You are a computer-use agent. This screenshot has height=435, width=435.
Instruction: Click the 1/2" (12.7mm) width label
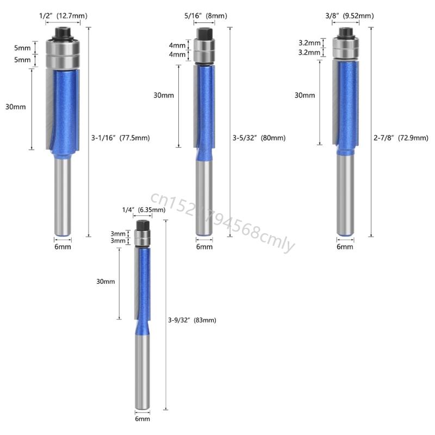tap(63, 16)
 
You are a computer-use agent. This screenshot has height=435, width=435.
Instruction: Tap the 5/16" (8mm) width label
tap(206, 16)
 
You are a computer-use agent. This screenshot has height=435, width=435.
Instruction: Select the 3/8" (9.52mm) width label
tap(350, 16)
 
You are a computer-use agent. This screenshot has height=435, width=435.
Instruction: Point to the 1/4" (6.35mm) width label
tap(144, 210)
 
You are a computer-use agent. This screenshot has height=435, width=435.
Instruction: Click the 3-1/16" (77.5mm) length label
tap(120, 138)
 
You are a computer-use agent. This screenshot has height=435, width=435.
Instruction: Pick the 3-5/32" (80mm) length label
tap(259, 138)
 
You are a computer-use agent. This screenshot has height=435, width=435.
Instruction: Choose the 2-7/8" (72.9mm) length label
tap(401, 138)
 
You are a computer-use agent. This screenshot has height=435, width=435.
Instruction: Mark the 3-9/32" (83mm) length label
tap(192, 320)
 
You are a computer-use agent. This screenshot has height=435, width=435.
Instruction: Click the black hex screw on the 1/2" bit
tap(63, 34)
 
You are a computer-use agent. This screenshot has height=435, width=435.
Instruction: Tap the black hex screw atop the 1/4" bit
tap(143, 225)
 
